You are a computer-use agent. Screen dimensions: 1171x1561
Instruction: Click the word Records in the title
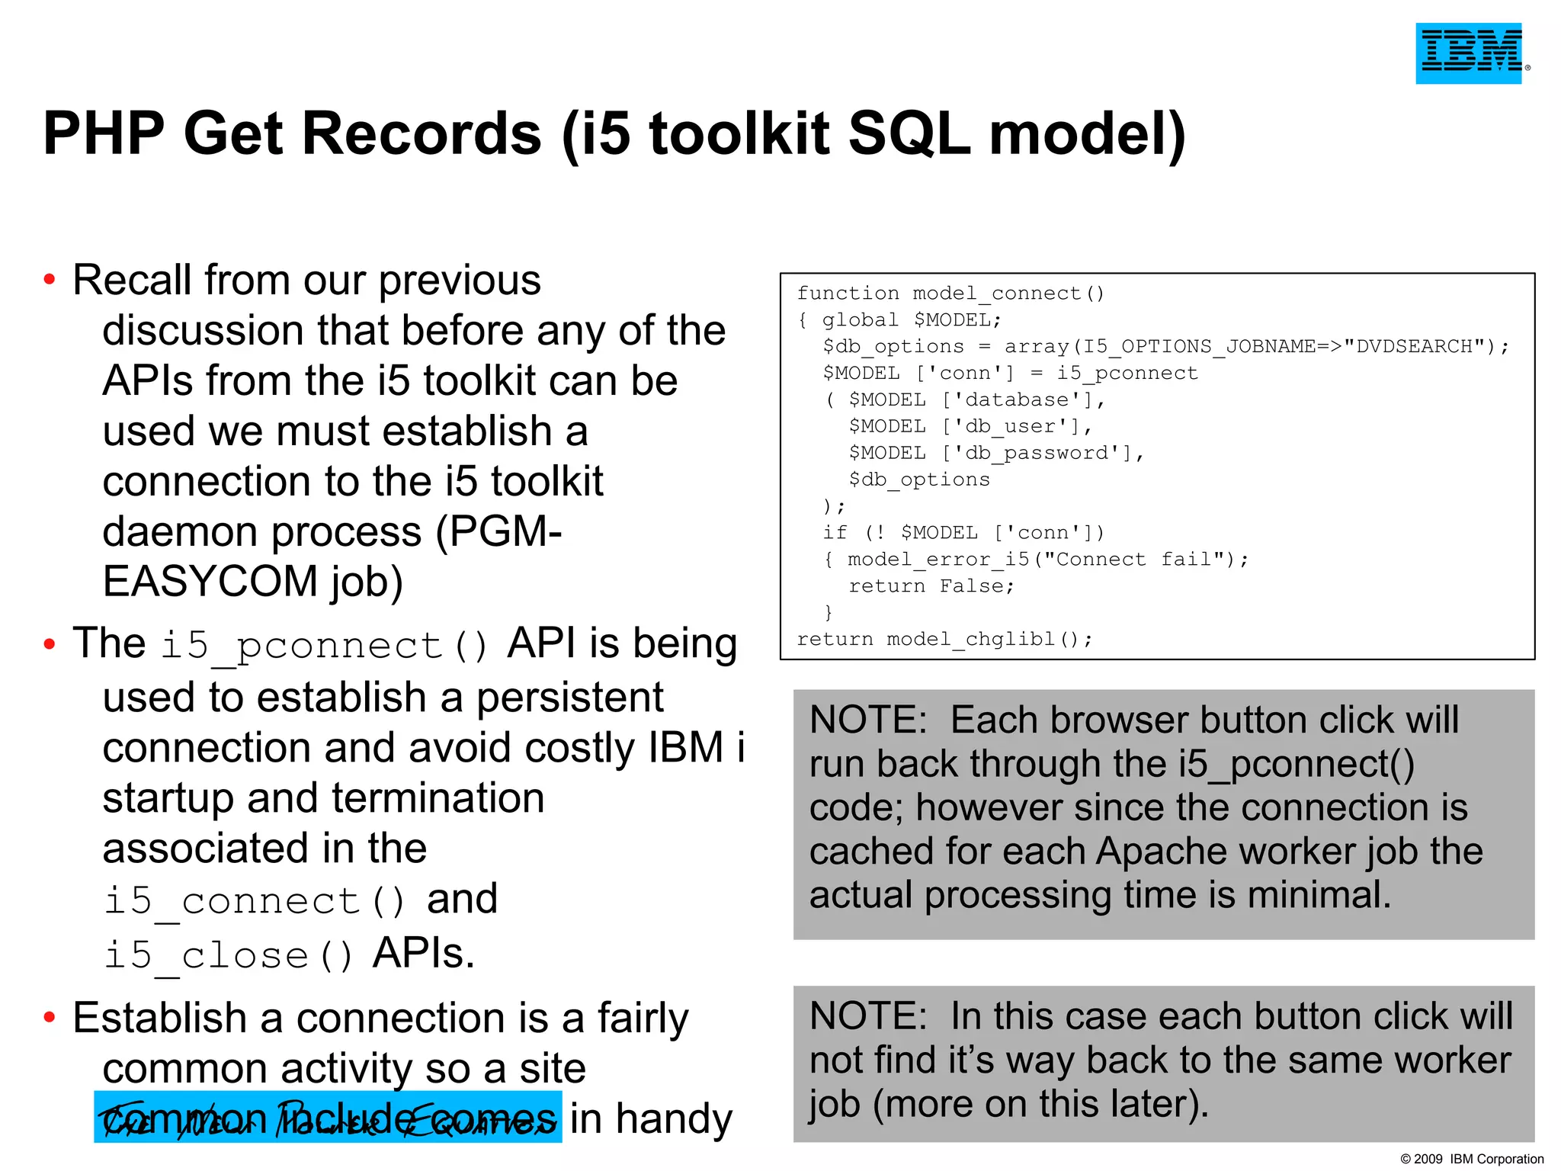click(x=422, y=133)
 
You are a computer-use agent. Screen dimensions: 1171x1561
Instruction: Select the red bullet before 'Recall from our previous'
click(x=50, y=280)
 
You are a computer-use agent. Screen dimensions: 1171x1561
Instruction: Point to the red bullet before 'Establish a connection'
click(x=50, y=1017)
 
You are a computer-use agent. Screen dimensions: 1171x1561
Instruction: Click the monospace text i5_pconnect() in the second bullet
click(x=325, y=646)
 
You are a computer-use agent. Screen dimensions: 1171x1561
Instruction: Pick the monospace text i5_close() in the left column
click(x=229, y=955)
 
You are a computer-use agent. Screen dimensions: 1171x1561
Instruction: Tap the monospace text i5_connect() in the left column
click(x=255, y=901)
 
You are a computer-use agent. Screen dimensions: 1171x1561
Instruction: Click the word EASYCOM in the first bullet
click(x=210, y=582)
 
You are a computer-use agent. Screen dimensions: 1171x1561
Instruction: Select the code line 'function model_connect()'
click(x=950, y=294)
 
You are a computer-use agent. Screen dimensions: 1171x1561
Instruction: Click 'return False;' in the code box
click(x=931, y=586)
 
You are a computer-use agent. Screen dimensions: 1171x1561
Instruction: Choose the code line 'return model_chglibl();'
click(x=944, y=639)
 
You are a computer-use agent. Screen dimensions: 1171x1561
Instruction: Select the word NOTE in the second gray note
click(x=867, y=1016)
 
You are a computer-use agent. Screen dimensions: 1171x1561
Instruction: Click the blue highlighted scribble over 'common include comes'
click(x=328, y=1117)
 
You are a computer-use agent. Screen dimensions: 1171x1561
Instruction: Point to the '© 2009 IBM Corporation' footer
click(x=1471, y=1159)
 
